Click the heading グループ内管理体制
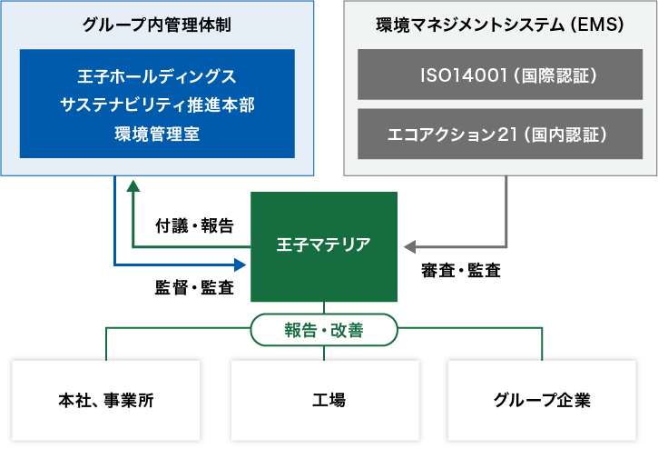(x=157, y=25)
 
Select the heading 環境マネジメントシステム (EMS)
(x=499, y=25)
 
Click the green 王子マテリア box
(x=323, y=246)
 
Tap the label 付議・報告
(x=194, y=224)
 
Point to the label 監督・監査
(x=194, y=288)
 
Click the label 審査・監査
(x=460, y=270)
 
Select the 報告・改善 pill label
(x=324, y=330)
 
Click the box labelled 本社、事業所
(x=106, y=400)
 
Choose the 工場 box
(x=324, y=400)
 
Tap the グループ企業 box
(x=542, y=400)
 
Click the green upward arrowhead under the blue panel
(x=133, y=185)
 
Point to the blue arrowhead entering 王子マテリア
(x=241, y=264)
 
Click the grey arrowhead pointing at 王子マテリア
(x=408, y=246)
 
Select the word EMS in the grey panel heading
(x=600, y=25)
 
